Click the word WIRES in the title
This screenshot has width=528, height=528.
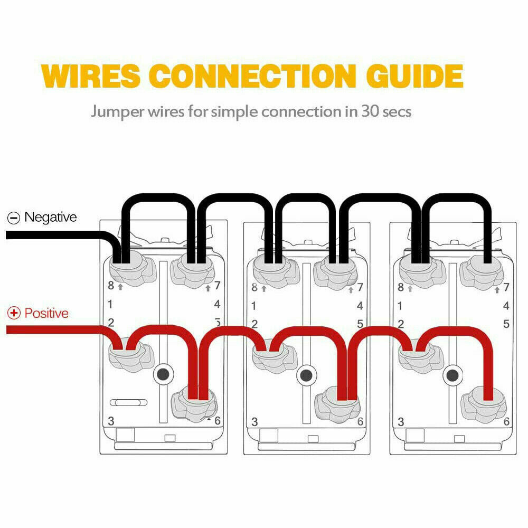91,76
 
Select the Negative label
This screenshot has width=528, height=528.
50,217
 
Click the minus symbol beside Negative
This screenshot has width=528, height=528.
14,218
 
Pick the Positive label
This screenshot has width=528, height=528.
46,313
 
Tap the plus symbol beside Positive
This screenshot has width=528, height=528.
14,314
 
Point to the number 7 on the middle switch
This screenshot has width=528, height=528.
360,288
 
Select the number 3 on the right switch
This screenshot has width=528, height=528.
401,422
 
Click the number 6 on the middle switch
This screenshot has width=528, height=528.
360,422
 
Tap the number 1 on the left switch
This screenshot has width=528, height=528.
111,304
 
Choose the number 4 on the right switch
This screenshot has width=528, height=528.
506,305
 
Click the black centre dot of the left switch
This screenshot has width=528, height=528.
164,374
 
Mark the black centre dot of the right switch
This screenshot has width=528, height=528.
452,375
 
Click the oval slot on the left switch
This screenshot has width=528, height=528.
128,403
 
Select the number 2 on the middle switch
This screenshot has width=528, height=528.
254,324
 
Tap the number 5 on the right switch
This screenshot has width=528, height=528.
506,324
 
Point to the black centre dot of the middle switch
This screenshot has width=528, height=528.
305,375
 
